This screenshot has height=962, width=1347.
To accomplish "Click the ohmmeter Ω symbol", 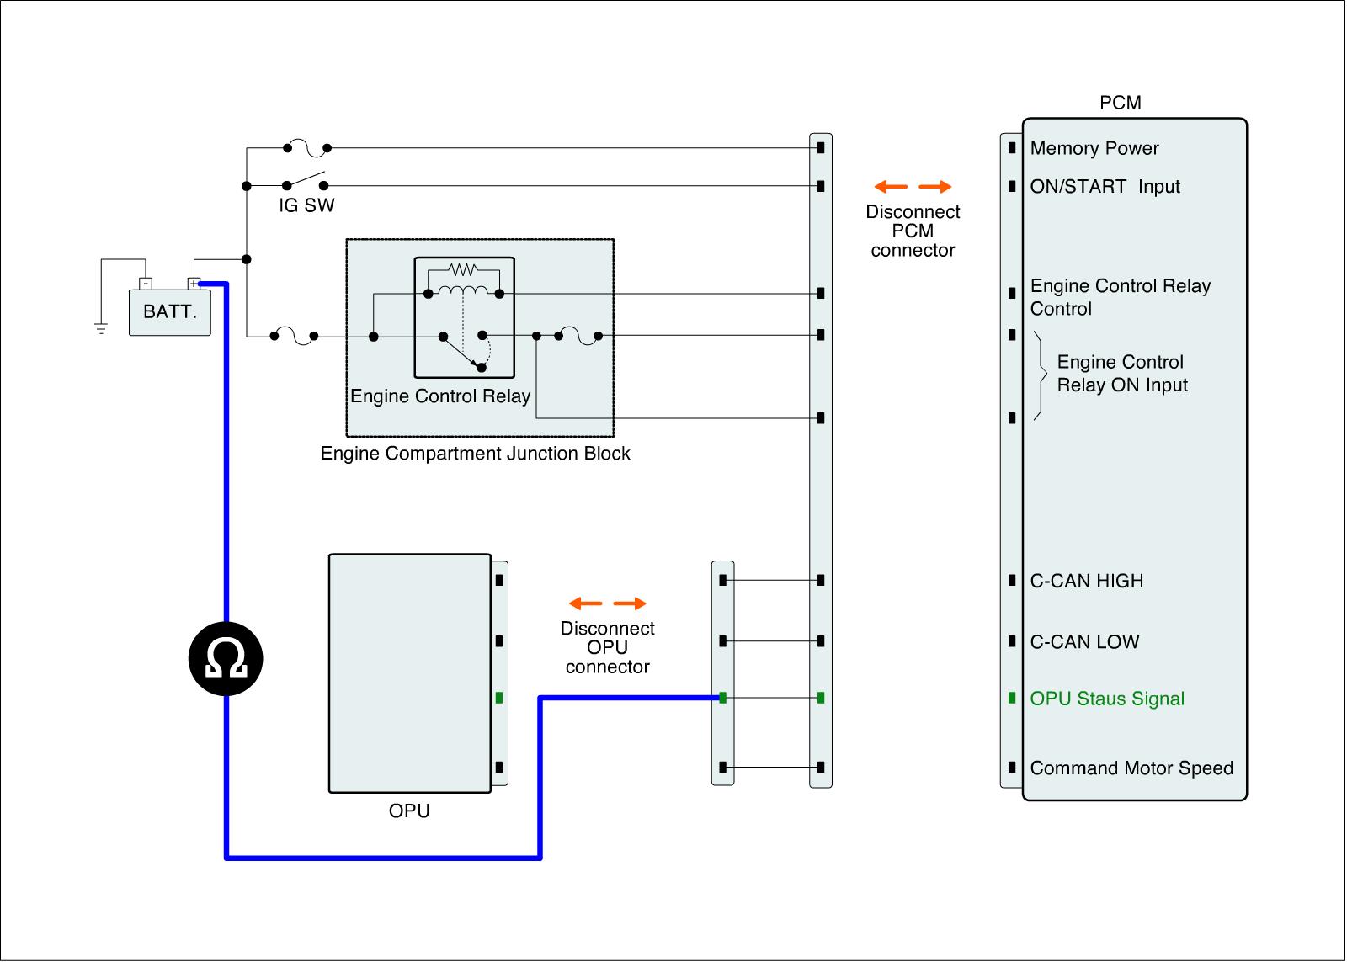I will click(226, 659).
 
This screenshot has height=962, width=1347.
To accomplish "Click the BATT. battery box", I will click(169, 312).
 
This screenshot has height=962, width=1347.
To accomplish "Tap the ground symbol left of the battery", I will click(101, 328).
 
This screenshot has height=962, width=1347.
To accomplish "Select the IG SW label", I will click(306, 205).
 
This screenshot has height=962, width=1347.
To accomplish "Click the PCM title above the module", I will click(1121, 103).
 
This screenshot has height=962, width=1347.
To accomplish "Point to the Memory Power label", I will click(1094, 149).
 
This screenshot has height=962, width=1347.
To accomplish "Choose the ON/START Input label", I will click(1105, 187).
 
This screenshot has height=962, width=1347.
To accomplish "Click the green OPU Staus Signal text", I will click(1107, 699).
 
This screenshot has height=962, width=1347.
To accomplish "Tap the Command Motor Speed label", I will click(1131, 768).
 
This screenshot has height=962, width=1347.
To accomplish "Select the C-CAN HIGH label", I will click(1087, 581).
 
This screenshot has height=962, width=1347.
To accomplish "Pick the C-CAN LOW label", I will click(1084, 642).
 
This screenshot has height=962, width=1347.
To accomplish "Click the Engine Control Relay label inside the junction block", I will click(440, 396).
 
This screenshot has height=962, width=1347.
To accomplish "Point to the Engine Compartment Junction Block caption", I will click(476, 454).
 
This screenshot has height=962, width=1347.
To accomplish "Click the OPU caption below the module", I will click(409, 811).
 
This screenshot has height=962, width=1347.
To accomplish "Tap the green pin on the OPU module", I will click(499, 698).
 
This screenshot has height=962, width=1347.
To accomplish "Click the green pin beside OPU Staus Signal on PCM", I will click(1012, 698).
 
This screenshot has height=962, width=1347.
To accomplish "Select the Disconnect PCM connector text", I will click(913, 231).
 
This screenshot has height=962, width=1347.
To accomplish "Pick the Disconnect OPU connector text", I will click(607, 647).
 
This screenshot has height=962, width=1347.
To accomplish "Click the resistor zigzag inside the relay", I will click(463, 270).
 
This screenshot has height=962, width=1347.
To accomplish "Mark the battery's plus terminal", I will click(194, 284).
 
